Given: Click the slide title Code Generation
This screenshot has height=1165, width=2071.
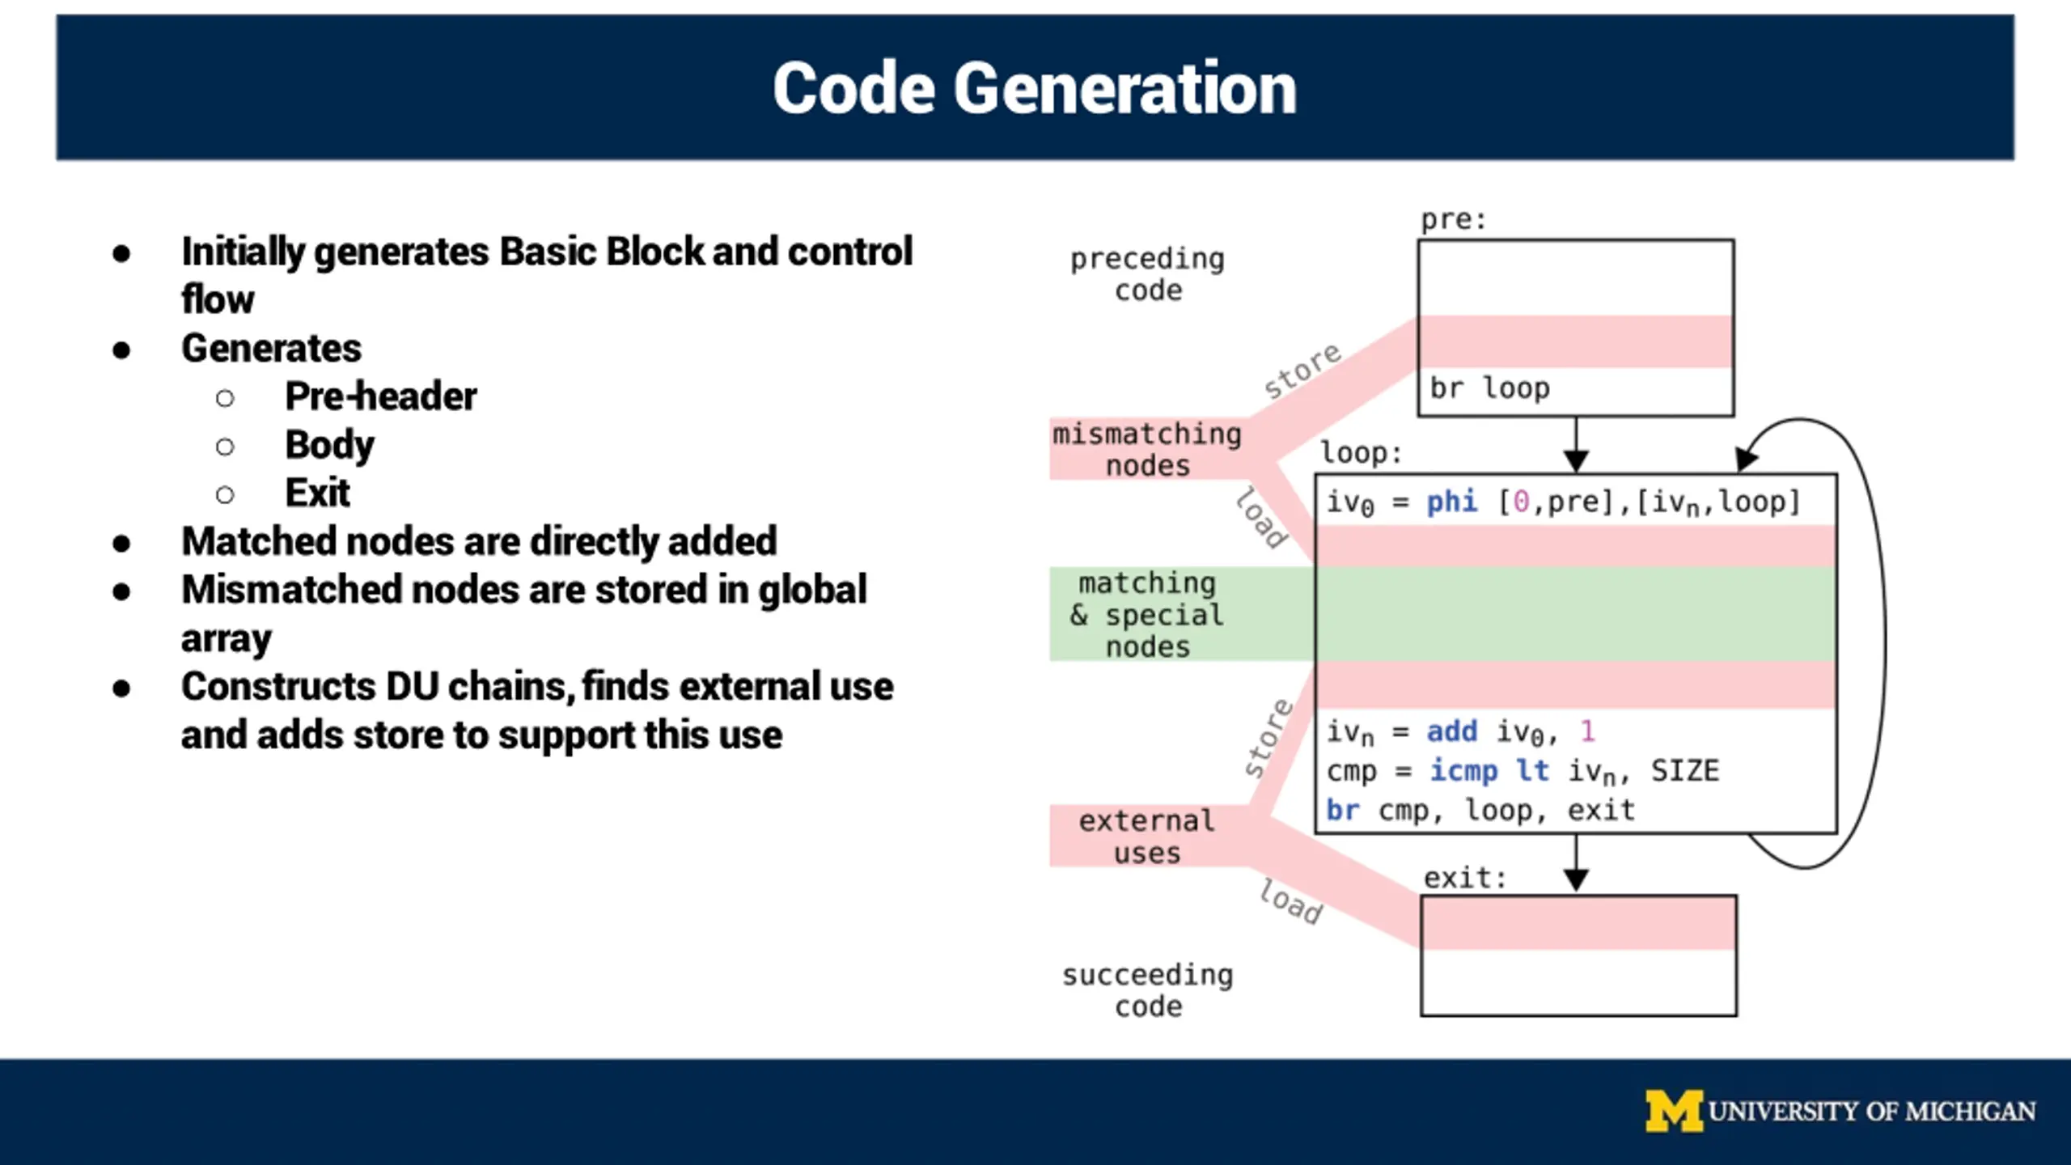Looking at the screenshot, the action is click(1035, 88).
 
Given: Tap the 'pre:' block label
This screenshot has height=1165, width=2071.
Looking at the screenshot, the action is click(1454, 220).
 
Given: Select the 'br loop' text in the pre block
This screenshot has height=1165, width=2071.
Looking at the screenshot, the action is click(1489, 388).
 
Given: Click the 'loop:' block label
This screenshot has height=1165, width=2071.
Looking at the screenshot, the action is click(1361, 452).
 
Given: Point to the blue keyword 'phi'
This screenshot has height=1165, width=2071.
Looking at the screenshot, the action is click(1452, 502).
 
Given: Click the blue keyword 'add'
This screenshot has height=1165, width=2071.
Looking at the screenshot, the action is click(1452, 731).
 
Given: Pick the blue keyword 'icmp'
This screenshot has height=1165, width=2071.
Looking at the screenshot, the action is click(1464, 770).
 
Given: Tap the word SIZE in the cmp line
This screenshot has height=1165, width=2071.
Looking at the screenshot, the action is click(1685, 770).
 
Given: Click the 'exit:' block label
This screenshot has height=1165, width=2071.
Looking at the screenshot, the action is click(1465, 878).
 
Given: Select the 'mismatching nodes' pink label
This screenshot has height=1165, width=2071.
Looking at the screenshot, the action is click(1147, 450).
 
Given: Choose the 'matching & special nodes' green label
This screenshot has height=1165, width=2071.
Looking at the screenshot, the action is click(1147, 615).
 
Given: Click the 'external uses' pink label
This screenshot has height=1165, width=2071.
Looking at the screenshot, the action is click(1147, 837).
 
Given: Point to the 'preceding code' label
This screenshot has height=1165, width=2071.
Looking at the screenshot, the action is click(1147, 274).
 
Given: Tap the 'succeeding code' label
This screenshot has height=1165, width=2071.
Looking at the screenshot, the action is click(1147, 990).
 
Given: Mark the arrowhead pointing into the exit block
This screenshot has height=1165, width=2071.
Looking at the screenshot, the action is click(1576, 880).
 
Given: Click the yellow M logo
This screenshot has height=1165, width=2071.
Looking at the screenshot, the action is click(1674, 1111).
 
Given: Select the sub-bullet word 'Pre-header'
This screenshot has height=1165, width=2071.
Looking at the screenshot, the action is click(380, 396).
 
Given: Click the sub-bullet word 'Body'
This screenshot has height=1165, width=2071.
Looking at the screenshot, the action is click(330, 445).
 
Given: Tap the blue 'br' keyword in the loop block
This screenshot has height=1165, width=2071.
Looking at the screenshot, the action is click(1342, 810).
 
